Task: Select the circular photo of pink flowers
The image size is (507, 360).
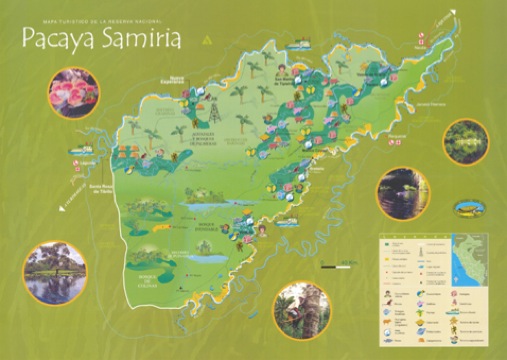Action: point(73,92)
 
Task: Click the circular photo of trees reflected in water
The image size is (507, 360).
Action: point(54,273)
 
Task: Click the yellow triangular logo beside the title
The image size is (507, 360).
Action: point(207,39)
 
